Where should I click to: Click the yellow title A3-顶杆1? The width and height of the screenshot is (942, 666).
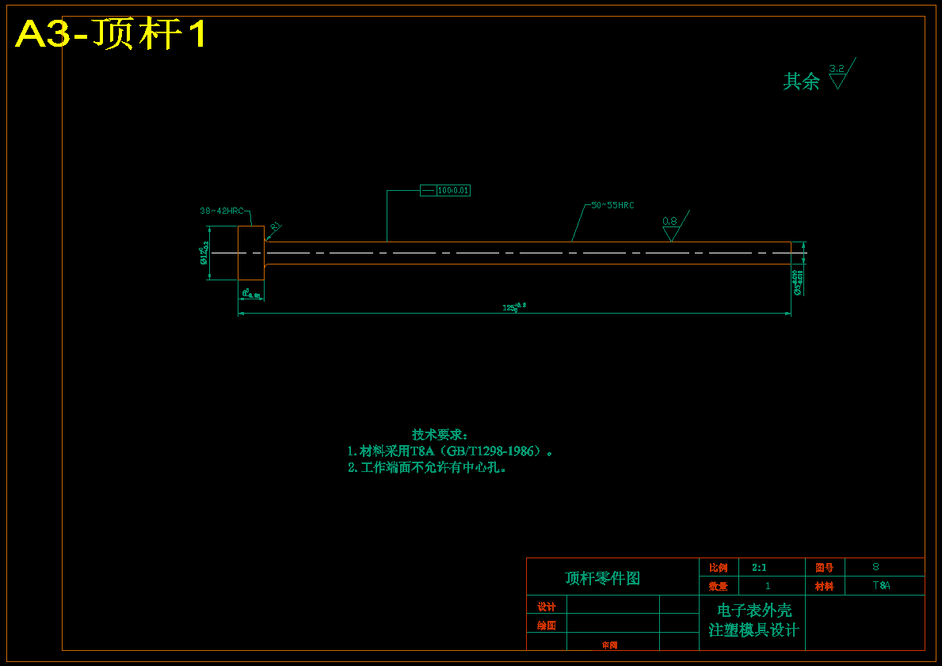111,34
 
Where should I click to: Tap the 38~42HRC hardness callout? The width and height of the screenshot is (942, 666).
222,211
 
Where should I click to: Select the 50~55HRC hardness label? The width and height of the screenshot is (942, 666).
612,205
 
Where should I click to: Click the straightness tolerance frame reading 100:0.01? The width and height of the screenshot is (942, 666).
445,190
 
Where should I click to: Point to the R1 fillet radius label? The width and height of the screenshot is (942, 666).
275,226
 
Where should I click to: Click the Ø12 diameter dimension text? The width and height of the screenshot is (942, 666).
204,253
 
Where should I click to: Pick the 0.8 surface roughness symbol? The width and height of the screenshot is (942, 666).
670,227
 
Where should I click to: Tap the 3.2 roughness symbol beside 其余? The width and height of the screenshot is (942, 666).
837,75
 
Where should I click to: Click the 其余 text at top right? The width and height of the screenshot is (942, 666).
801,82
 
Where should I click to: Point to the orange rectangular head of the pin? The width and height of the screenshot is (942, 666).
251,253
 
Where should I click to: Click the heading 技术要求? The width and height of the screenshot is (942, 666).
440,435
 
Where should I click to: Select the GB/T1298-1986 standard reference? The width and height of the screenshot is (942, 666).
490,451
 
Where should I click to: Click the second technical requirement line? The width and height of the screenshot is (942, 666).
427,467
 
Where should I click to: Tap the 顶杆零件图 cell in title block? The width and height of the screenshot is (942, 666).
602,578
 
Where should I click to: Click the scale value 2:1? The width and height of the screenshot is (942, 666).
759,567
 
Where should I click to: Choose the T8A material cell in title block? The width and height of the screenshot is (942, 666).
881,586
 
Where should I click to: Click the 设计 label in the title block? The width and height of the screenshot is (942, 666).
547,607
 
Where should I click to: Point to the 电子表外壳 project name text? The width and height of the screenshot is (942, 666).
753,611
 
